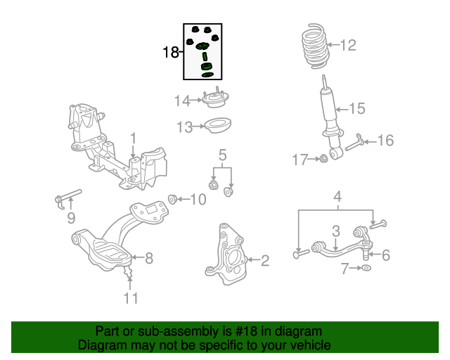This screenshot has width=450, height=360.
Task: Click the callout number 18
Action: click(x=170, y=53)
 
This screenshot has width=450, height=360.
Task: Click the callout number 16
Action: click(x=385, y=141)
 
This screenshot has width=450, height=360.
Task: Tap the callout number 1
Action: click(x=132, y=136)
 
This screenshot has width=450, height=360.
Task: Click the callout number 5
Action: click(x=221, y=155)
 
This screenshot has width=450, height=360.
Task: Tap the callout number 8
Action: click(x=148, y=258)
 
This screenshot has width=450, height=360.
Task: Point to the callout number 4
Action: click(x=337, y=197)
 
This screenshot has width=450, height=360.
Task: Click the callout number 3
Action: click(x=336, y=231)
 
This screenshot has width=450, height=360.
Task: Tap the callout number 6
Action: click(x=385, y=255)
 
